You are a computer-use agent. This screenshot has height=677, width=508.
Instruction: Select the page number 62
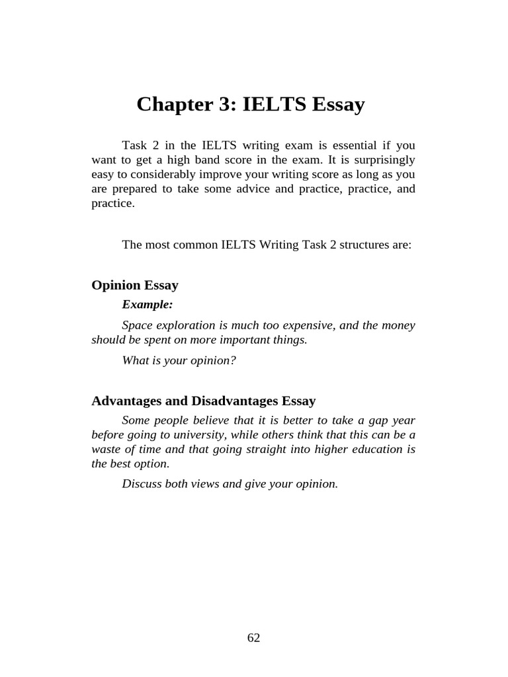pyautogui.click(x=254, y=637)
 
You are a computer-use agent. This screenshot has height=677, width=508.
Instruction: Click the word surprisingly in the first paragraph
pyautogui.click(x=388, y=159)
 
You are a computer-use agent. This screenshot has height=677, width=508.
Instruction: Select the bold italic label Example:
pyautogui.click(x=148, y=304)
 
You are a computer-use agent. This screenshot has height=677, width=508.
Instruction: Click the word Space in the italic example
pyautogui.click(x=136, y=325)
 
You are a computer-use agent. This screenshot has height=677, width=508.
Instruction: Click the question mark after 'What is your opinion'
pyautogui.click(x=233, y=360)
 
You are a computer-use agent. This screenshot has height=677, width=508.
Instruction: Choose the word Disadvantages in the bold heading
pyautogui.click(x=235, y=401)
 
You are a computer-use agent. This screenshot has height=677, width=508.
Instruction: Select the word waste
pyautogui.click(x=106, y=450)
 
